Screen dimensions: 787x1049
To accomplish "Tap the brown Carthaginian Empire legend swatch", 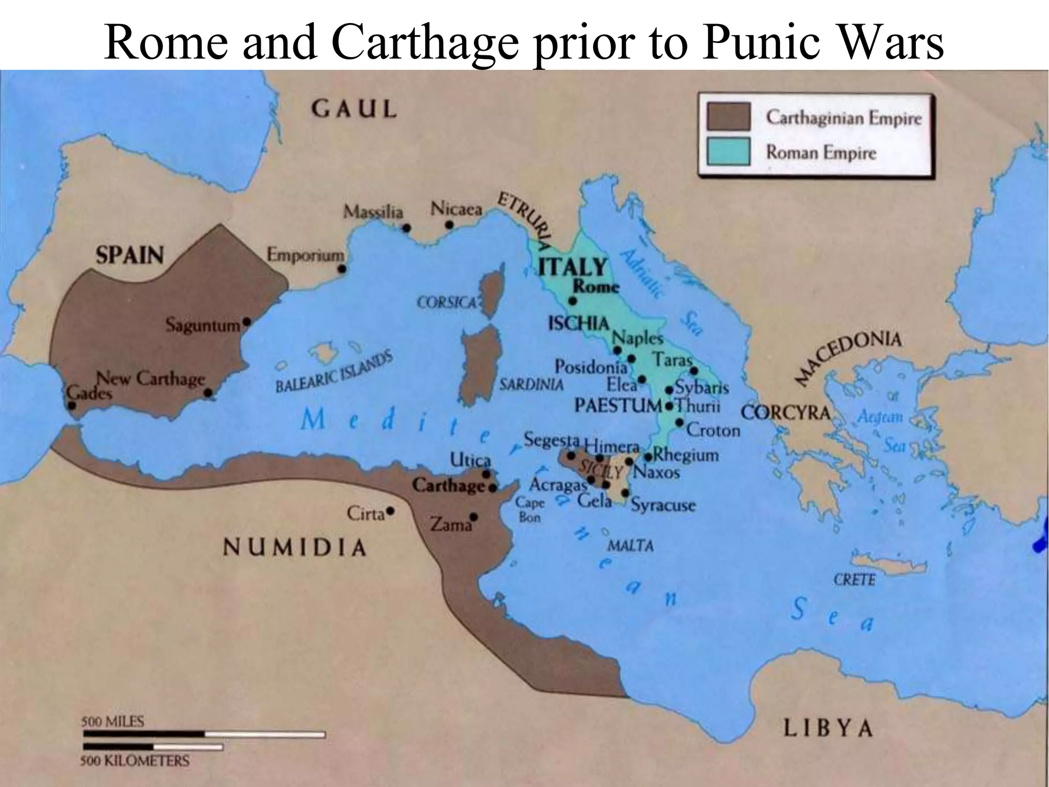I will pyautogui.click(x=728, y=117).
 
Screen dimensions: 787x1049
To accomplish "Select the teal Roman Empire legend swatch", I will pyautogui.click(x=728, y=152).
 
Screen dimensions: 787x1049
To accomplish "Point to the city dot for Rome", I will pyautogui.click(x=573, y=301).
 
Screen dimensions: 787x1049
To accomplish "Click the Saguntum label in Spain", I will pyautogui.click(x=203, y=325).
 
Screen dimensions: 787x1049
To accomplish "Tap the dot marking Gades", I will pyautogui.click(x=72, y=405).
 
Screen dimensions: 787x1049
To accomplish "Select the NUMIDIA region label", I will pyautogui.click(x=295, y=548).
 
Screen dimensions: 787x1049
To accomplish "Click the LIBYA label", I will pyautogui.click(x=827, y=728).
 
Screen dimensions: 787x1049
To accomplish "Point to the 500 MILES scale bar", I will pyautogui.click(x=204, y=734).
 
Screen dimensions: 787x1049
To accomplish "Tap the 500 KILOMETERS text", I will pyautogui.click(x=134, y=761).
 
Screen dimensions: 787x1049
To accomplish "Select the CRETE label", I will pyautogui.click(x=854, y=580).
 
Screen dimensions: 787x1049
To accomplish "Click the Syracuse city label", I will pyautogui.click(x=663, y=505).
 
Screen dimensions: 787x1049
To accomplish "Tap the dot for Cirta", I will pyautogui.click(x=390, y=511).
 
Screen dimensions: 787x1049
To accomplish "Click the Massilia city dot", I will pyautogui.click(x=406, y=228).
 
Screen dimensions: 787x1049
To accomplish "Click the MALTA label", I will pyautogui.click(x=630, y=546).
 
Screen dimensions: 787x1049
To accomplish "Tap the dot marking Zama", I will pyautogui.click(x=474, y=516).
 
